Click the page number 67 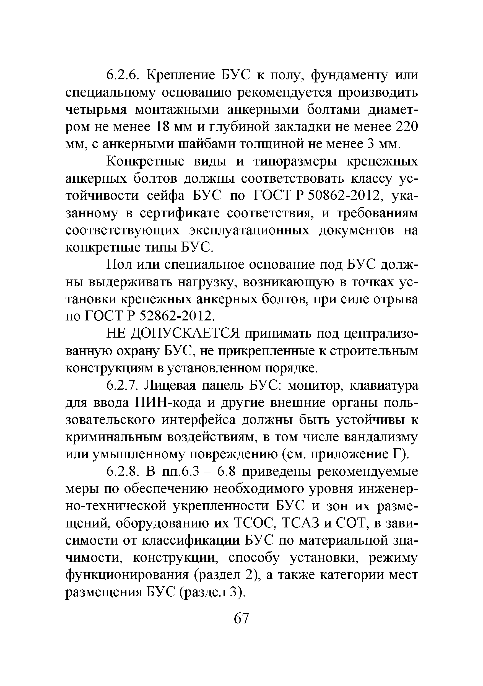(x=241, y=618)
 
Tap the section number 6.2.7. (x=122, y=386)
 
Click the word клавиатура (x=384, y=386)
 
